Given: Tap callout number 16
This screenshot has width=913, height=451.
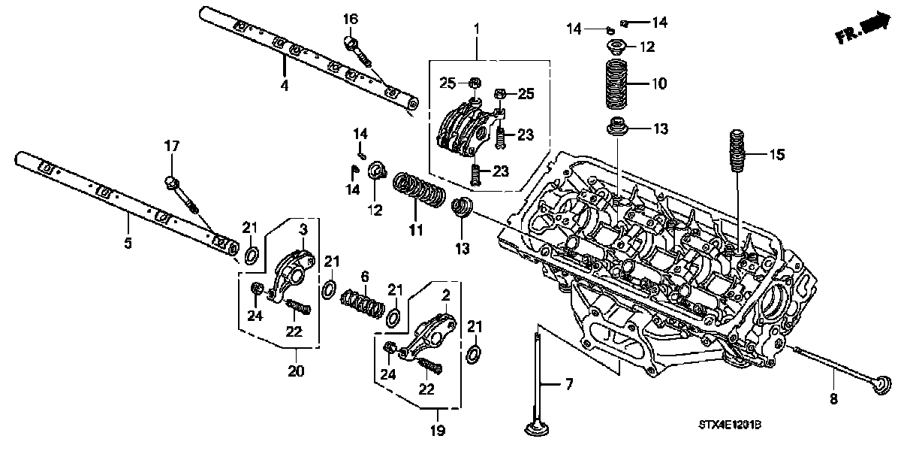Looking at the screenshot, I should coord(351,18).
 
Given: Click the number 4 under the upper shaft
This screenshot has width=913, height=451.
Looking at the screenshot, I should coord(284,86).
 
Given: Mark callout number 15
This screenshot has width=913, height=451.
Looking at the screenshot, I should coord(776,156).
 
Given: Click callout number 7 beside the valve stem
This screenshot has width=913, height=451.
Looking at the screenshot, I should coord(568,385).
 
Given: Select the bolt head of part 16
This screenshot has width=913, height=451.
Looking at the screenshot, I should coord(351,40).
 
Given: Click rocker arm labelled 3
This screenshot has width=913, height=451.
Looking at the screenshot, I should coord(292,262).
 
